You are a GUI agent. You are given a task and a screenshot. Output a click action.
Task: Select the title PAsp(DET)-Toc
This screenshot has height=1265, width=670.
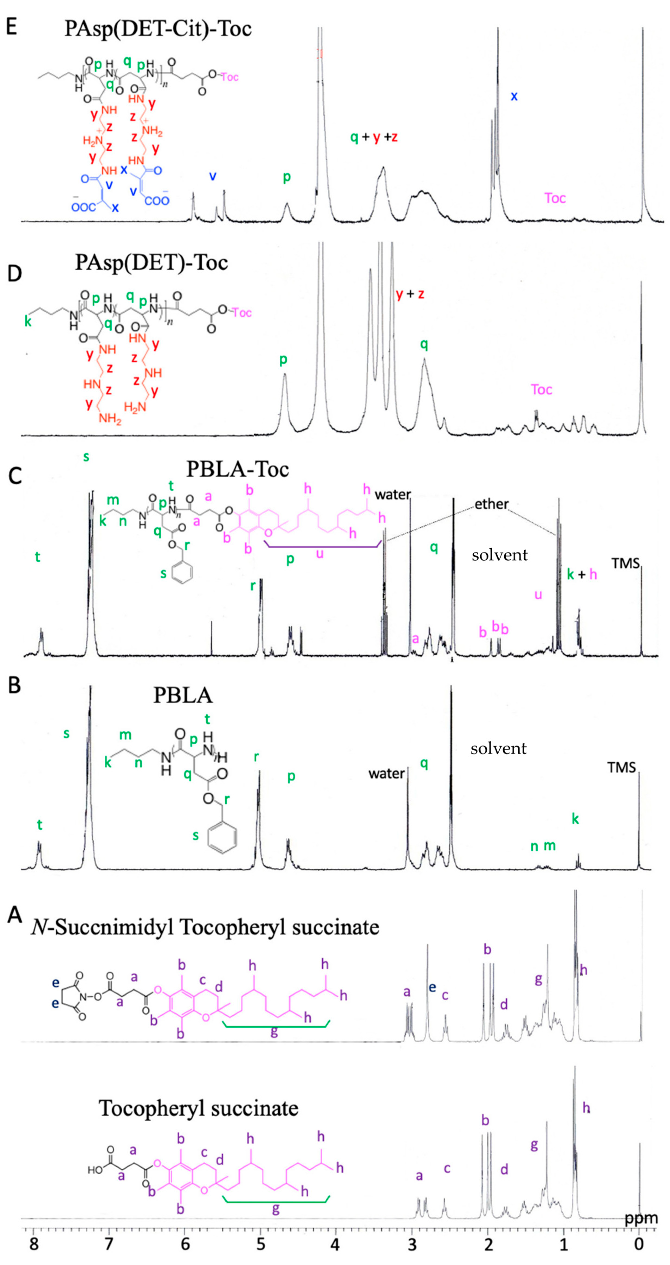pos(151,263)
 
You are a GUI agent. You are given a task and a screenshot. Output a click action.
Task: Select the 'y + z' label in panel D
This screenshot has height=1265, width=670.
pos(410,294)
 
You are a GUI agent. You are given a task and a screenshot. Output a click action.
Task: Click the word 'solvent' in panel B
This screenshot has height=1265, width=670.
pos(498,748)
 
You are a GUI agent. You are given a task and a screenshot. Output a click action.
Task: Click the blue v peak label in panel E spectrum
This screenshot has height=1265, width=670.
pos(213,176)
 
